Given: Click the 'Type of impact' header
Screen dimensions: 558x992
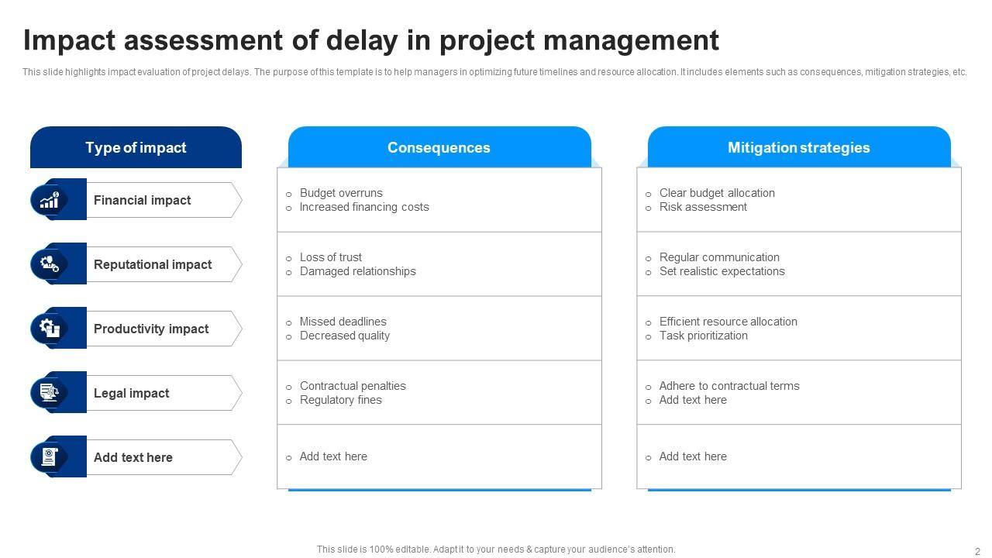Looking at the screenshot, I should pyautogui.click(x=136, y=148).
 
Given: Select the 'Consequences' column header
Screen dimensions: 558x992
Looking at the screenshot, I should pyautogui.click(x=439, y=148).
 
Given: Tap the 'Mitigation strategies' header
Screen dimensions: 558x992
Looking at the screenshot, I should pyautogui.click(x=798, y=148).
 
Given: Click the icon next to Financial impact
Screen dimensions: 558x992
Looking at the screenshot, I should pyautogui.click(x=50, y=200).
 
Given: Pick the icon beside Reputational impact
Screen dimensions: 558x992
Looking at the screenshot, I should pyautogui.click(x=50, y=264).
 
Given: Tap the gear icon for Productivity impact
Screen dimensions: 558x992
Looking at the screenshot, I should pyautogui.click(x=50, y=329).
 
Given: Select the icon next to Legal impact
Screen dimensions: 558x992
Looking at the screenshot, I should pyautogui.click(x=50, y=393).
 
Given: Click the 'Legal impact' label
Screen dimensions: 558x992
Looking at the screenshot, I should pyautogui.click(x=131, y=394).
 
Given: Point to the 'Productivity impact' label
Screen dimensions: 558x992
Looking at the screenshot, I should pyautogui.click(x=151, y=329).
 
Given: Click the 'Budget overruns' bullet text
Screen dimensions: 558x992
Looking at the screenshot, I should pyautogui.click(x=341, y=193).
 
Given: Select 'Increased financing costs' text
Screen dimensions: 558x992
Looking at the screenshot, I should pyautogui.click(x=364, y=207).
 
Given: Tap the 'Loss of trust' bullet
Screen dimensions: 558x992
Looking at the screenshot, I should pyautogui.click(x=331, y=257).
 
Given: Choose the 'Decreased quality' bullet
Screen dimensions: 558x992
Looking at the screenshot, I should pyautogui.click(x=345, y=336).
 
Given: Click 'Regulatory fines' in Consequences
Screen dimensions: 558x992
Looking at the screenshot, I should pyautogui.click(x=341, y=400).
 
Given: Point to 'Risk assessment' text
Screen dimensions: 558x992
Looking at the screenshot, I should pyautogui.click(x=703, y=207).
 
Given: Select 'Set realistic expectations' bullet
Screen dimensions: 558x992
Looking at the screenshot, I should pyautogui.click(x=722, y=271).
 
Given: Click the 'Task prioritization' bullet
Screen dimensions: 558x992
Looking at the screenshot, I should pyautogui.click(x=704, y=336).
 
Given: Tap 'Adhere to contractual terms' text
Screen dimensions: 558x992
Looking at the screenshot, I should pyautogui.click(x=729, y=386).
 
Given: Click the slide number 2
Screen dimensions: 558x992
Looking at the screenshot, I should pyautogui.click(x=977, y=551).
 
